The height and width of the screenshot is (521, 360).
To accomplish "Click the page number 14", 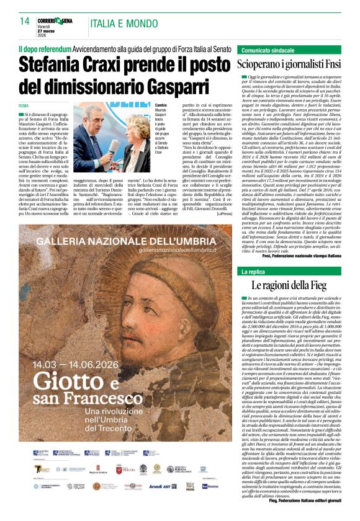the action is tap(24, 21).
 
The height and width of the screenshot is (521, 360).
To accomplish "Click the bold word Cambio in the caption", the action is tap(161, 105).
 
